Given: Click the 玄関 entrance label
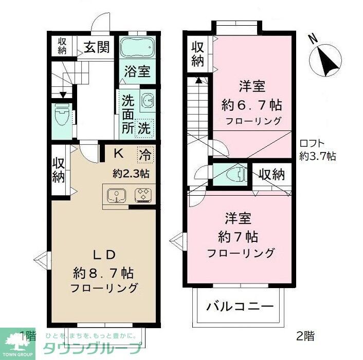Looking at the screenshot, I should (x=97, y=47).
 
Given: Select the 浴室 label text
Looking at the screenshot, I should (x=137, y=71).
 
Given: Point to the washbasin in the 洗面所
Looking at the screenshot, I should (x=147, y=101).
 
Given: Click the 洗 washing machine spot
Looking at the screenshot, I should (x=144, y=127).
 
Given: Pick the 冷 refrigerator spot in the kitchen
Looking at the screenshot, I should (x=144, y=153).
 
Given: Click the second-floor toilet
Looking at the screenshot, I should (x=233, y=175).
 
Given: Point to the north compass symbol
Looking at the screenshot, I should (x=326, y=60).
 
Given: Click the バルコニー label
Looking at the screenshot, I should (x=239, y=307).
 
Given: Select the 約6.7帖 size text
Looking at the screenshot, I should (x=251, y=105).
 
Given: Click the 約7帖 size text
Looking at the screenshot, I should (x=238, y=237).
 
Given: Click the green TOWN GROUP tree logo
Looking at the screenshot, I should (x=17, y=343).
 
